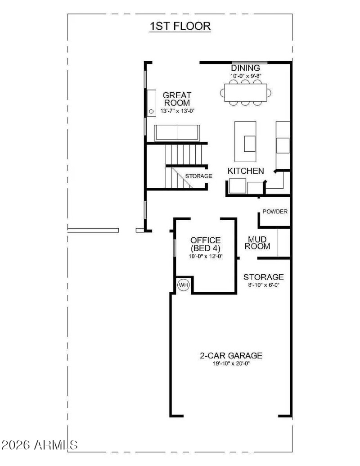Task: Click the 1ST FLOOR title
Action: coord(180,26)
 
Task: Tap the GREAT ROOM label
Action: coord(177,99)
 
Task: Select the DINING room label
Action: coord(246,68)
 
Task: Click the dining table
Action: coord(246,93)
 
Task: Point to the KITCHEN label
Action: coord(245,171)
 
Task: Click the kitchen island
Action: coord(245,142)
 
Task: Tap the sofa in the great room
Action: coord(177,133)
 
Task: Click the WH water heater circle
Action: coord(183,285)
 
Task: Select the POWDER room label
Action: coord(275,212)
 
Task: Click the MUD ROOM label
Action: coord(259,243)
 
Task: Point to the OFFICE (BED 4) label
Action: coord(205,244)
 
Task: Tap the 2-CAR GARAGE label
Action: coord(231,356)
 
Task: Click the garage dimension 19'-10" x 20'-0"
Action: coord(231,363)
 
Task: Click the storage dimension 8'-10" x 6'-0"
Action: coord(263,285)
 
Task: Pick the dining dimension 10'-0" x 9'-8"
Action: coord(246,76)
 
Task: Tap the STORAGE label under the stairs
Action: coord(198,176)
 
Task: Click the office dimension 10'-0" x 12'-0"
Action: coord(205,256)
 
